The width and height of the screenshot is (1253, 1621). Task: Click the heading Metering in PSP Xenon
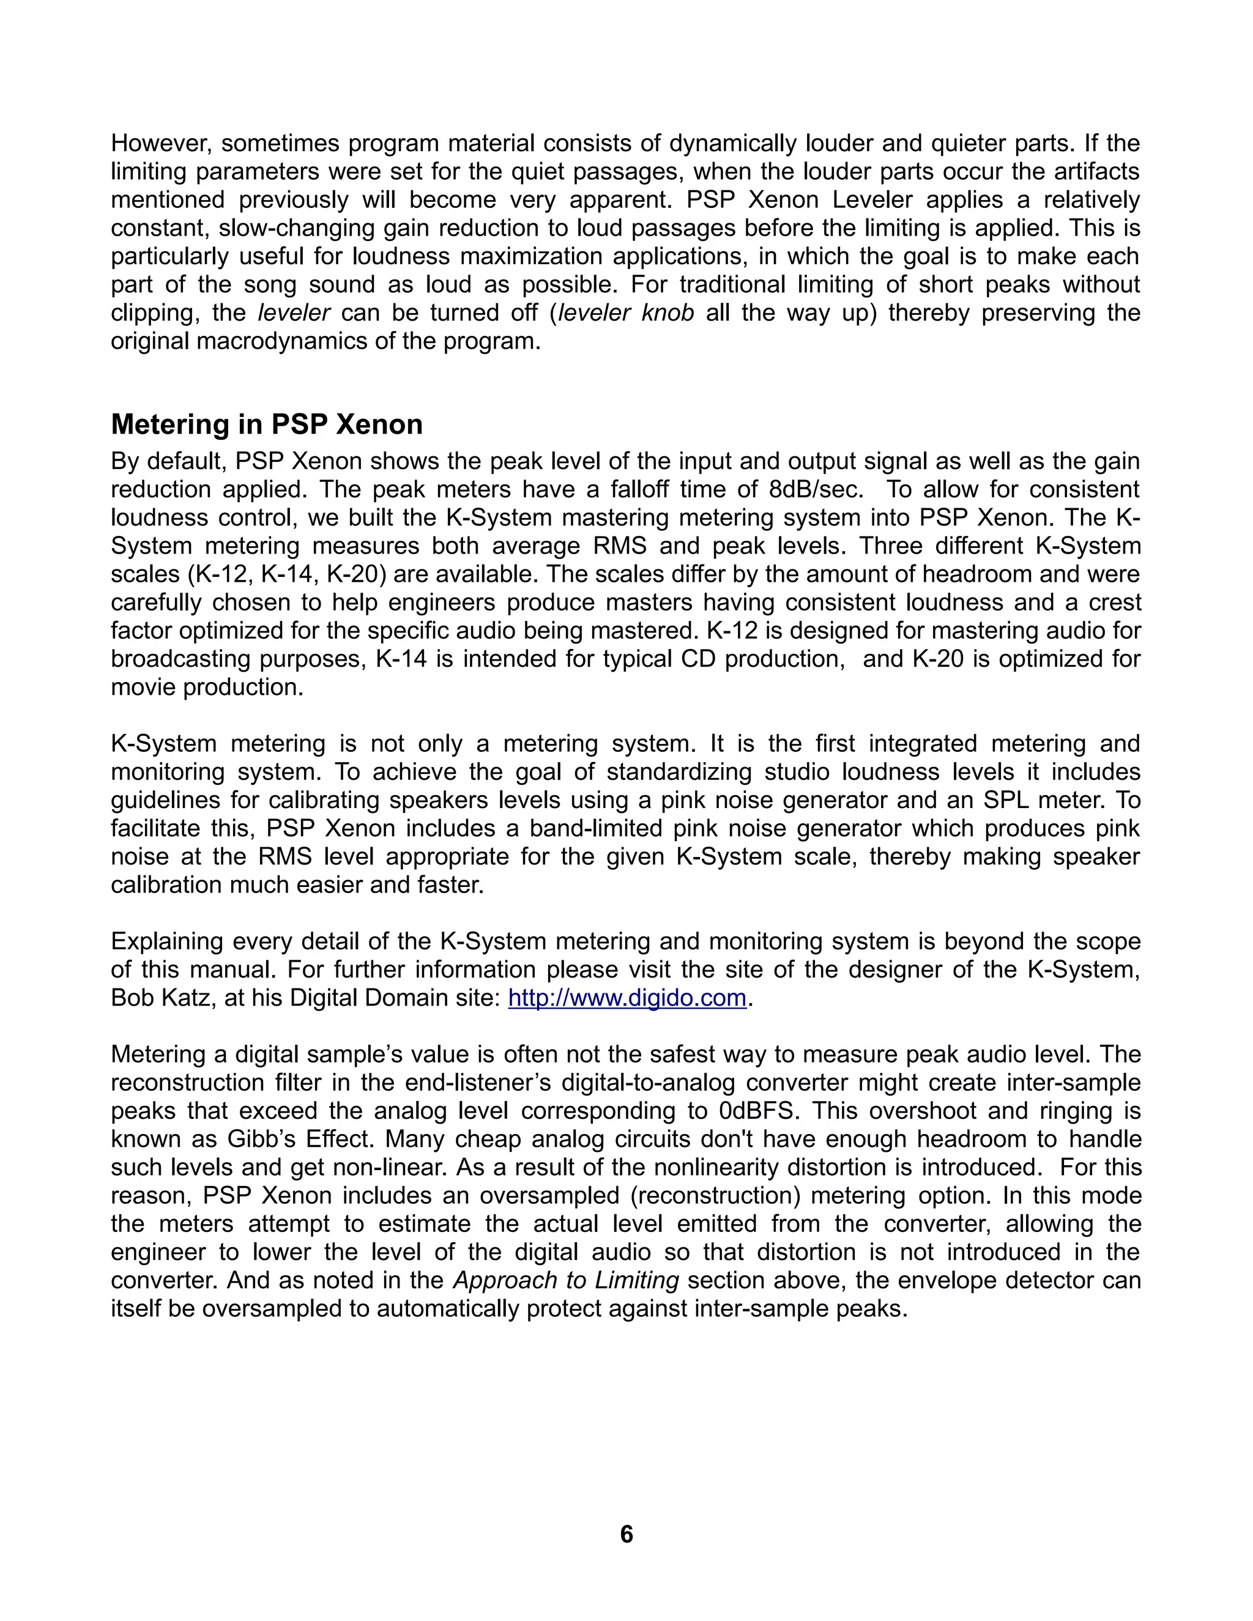pos(267,425)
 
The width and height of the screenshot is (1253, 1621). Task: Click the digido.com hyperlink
pos(627,998)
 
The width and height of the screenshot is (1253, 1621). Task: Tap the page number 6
pos(626,1534)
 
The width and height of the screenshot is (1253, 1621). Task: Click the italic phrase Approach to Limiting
pos(567,1280)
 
